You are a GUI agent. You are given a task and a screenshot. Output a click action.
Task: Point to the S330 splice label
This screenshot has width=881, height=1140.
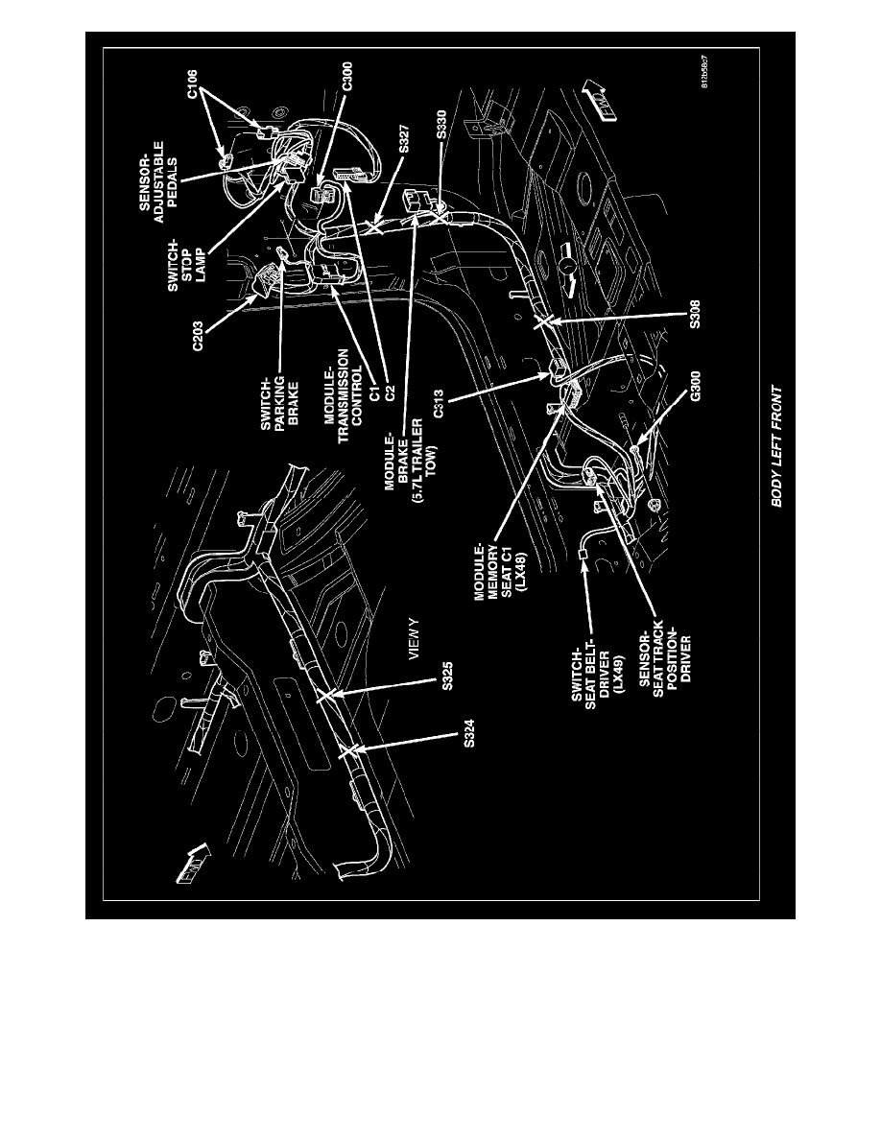tap(442, 123)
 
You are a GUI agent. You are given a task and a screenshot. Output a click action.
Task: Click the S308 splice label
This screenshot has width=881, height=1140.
tap(696, 315)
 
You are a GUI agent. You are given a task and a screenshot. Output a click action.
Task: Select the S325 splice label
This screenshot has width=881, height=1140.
tap(448, 677)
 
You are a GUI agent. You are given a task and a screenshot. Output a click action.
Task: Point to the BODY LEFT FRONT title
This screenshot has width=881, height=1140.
tap(777, 446)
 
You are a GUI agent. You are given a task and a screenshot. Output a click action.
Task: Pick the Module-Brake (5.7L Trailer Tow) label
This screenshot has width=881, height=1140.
tap(414, 455)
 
